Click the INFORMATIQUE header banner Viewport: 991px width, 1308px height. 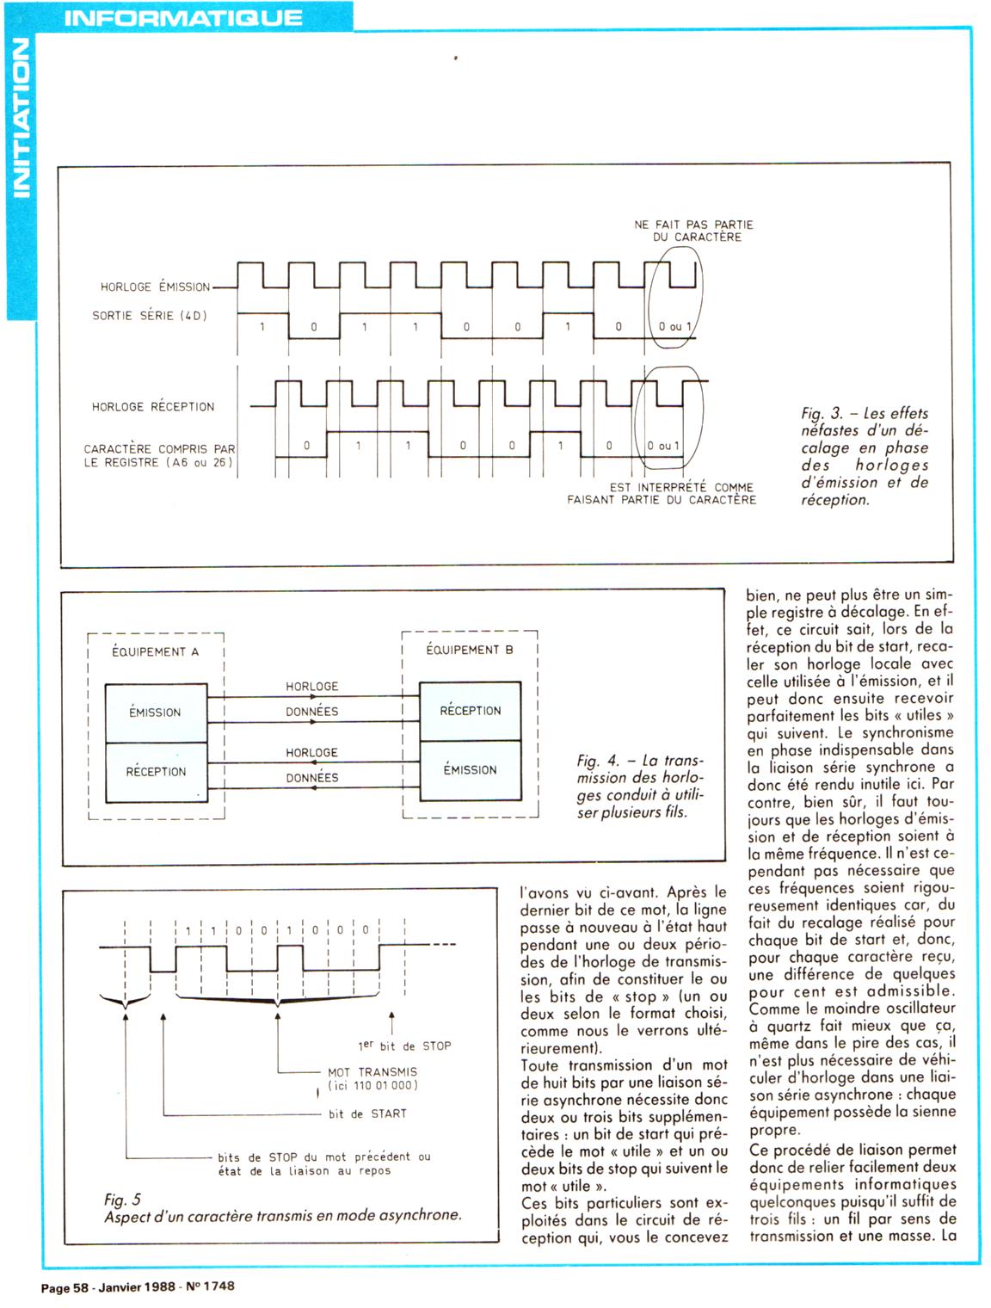pyautogui.click(x=183, y=17)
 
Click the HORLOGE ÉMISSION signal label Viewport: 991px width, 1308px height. pyautogui.click(x=155, y=287)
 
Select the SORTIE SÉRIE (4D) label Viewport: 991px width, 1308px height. pyautogui.click(x=150, y=316)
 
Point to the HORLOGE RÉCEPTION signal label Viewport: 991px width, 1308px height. pyautogui.click(x=153, y=406)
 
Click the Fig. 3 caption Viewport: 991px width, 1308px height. pyautogui.click(x=865, y=456)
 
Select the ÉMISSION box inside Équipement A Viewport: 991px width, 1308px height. pyautogui.click(x=156, y=713)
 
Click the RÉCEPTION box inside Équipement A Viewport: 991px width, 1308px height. pyautogui.click(x=156, y=772)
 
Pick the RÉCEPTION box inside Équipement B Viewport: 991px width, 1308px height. pyautogui.click(x=470, y=711)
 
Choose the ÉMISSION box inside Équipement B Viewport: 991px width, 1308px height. pyautogui.click(x=470, y=770)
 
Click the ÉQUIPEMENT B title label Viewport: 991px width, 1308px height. pyautogui.click(x=470, y=650)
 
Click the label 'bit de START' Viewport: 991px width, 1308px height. pyautogui.click(x=367, y=1114)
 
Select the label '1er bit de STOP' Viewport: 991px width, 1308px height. pyautogui.click(x=404, y=1046)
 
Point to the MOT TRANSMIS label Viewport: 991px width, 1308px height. pyautogui.click(x=372, y=1072)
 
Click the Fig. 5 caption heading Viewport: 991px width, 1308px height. pyautogui.click(x=122, y=1200)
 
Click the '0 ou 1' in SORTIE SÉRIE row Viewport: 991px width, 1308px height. pyautogui.click(x=675, y=327)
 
